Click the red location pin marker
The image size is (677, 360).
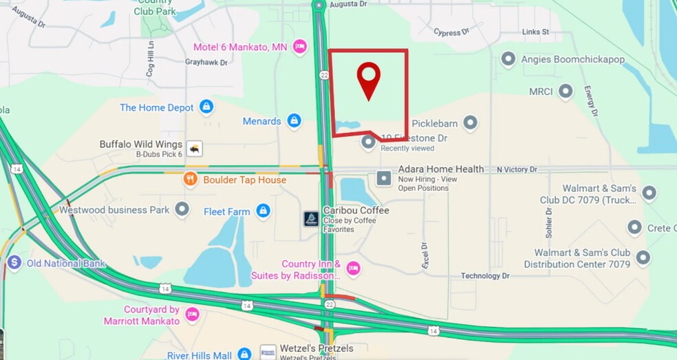tap(369, 79)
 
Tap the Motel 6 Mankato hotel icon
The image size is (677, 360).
tap(299, 47)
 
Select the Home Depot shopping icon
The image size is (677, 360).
tap(206, 107)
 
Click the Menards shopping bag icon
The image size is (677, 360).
tap(294, 121)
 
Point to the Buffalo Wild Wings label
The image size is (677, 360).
tap(141, 145)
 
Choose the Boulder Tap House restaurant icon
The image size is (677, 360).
tap(191, 180)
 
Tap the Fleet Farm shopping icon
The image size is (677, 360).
tap(263, 211)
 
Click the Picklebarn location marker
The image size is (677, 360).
tap(470, 123)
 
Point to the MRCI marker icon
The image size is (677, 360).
tap(566, 91)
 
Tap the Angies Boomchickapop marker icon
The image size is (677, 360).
tap(508, 59)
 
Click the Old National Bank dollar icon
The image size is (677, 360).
tap(14, 262)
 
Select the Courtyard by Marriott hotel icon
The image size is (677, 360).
tap(192, 315)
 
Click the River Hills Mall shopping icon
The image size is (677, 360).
tap(244, 354)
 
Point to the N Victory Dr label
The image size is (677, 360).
tap(517, 169)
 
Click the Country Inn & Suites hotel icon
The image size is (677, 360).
tap(353, 268)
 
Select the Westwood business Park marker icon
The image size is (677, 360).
tap(182, 209)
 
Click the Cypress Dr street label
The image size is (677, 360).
tap(451, 32)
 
